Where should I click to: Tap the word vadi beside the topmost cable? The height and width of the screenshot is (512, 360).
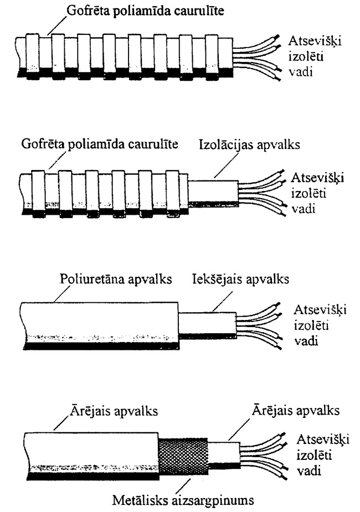tap(304, 71)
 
